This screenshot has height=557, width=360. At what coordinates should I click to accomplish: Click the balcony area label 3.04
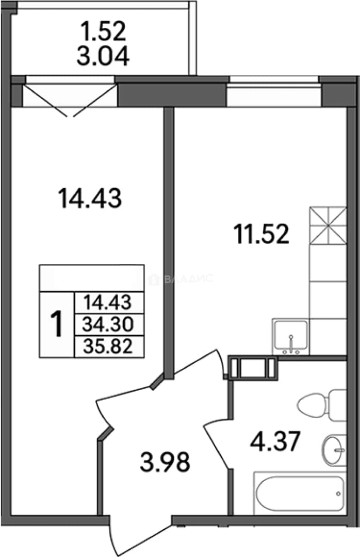pos(103,57)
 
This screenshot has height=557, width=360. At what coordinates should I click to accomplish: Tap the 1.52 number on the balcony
pos(103,31)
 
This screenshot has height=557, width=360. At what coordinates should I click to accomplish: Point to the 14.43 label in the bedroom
pos(90,198)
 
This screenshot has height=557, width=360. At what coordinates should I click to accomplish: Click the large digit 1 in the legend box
pos(57,323)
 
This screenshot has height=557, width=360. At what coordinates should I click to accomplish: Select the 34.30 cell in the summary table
pos(108,324)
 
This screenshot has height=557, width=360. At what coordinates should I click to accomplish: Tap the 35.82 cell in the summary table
pos(108,347)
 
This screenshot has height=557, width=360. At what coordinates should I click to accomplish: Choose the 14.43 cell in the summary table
pos(108,303)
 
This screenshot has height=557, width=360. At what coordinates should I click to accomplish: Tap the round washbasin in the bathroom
pos(334,450)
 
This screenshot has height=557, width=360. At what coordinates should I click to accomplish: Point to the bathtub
pos(300,493)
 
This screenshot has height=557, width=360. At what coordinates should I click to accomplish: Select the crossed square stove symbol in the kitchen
pos(328,225)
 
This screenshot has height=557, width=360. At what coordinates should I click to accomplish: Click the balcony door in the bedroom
pos(70,96)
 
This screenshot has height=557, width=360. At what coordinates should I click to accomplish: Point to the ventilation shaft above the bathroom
pos(253,368)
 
